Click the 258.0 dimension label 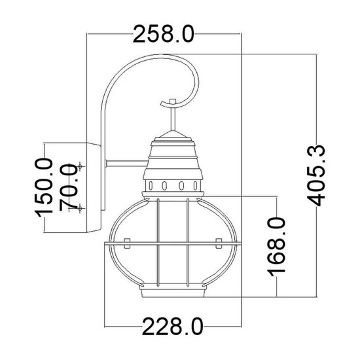(164, 34)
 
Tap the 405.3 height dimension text (316, 175)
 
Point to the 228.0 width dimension (173, 327)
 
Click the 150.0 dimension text (44, 188)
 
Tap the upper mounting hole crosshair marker (80, 166)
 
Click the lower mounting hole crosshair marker (80, 208)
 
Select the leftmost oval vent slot (151, 185)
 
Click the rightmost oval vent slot (196, 185)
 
